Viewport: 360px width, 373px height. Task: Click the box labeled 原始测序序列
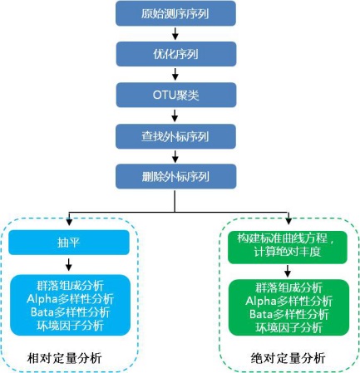(x=175, y=13)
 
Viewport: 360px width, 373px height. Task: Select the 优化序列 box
(x=176, y=54)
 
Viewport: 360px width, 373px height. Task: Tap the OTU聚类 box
(x=176, y=95)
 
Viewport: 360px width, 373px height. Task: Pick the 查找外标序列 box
(x=175, y=136)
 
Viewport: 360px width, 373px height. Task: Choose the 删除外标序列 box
(x=175, y=176)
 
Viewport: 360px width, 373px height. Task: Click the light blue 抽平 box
(x=69, y=243)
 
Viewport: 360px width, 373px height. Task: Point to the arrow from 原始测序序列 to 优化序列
(x=175, y=34)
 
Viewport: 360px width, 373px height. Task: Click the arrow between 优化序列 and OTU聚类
(x=175, y=74)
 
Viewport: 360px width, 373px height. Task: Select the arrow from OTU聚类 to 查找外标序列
(x=175, y=115)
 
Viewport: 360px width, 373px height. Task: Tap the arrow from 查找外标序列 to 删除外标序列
(x=175, y=156)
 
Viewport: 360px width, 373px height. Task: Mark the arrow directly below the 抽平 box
(x=69, y=264)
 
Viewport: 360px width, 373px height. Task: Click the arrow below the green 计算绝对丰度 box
(x=288, y=271)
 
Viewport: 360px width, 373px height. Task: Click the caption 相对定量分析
(x=64, y=358)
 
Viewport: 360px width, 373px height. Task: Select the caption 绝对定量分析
(x=288, y=358)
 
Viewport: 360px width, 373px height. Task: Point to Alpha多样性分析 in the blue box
(x=70, y=299)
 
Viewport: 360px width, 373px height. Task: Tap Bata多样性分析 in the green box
(x=288, y=314)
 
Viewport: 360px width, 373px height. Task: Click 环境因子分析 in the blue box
(x=70, y=326)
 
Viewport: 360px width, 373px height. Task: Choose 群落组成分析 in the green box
(x=288, y=287)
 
